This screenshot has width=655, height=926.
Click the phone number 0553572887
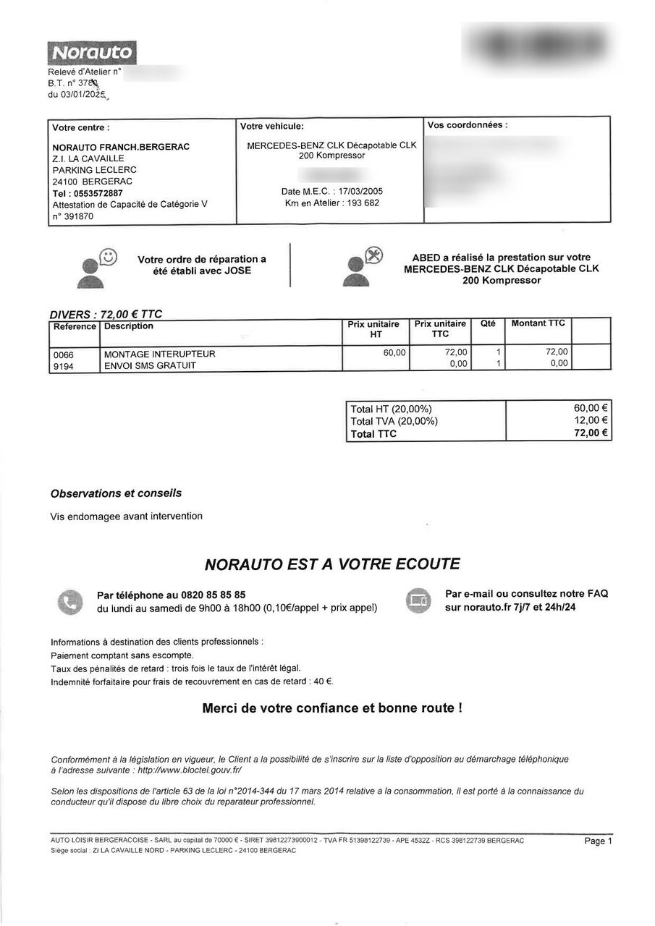coord(98,193)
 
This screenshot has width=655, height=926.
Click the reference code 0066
coord(64,354)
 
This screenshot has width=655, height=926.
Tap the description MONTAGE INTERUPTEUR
coord(160,354)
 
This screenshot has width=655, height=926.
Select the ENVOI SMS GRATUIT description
coord(150,365)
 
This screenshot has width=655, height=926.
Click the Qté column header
coord(488,323)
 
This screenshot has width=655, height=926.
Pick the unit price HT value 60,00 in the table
coord(394,352)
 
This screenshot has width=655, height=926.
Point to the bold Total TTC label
coord(373,434)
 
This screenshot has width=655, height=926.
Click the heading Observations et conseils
coord(116,493)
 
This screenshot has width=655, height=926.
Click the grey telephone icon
coord(70,602)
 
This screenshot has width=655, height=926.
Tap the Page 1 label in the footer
coord(598,841)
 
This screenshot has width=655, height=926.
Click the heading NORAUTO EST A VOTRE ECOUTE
coord(332,564)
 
